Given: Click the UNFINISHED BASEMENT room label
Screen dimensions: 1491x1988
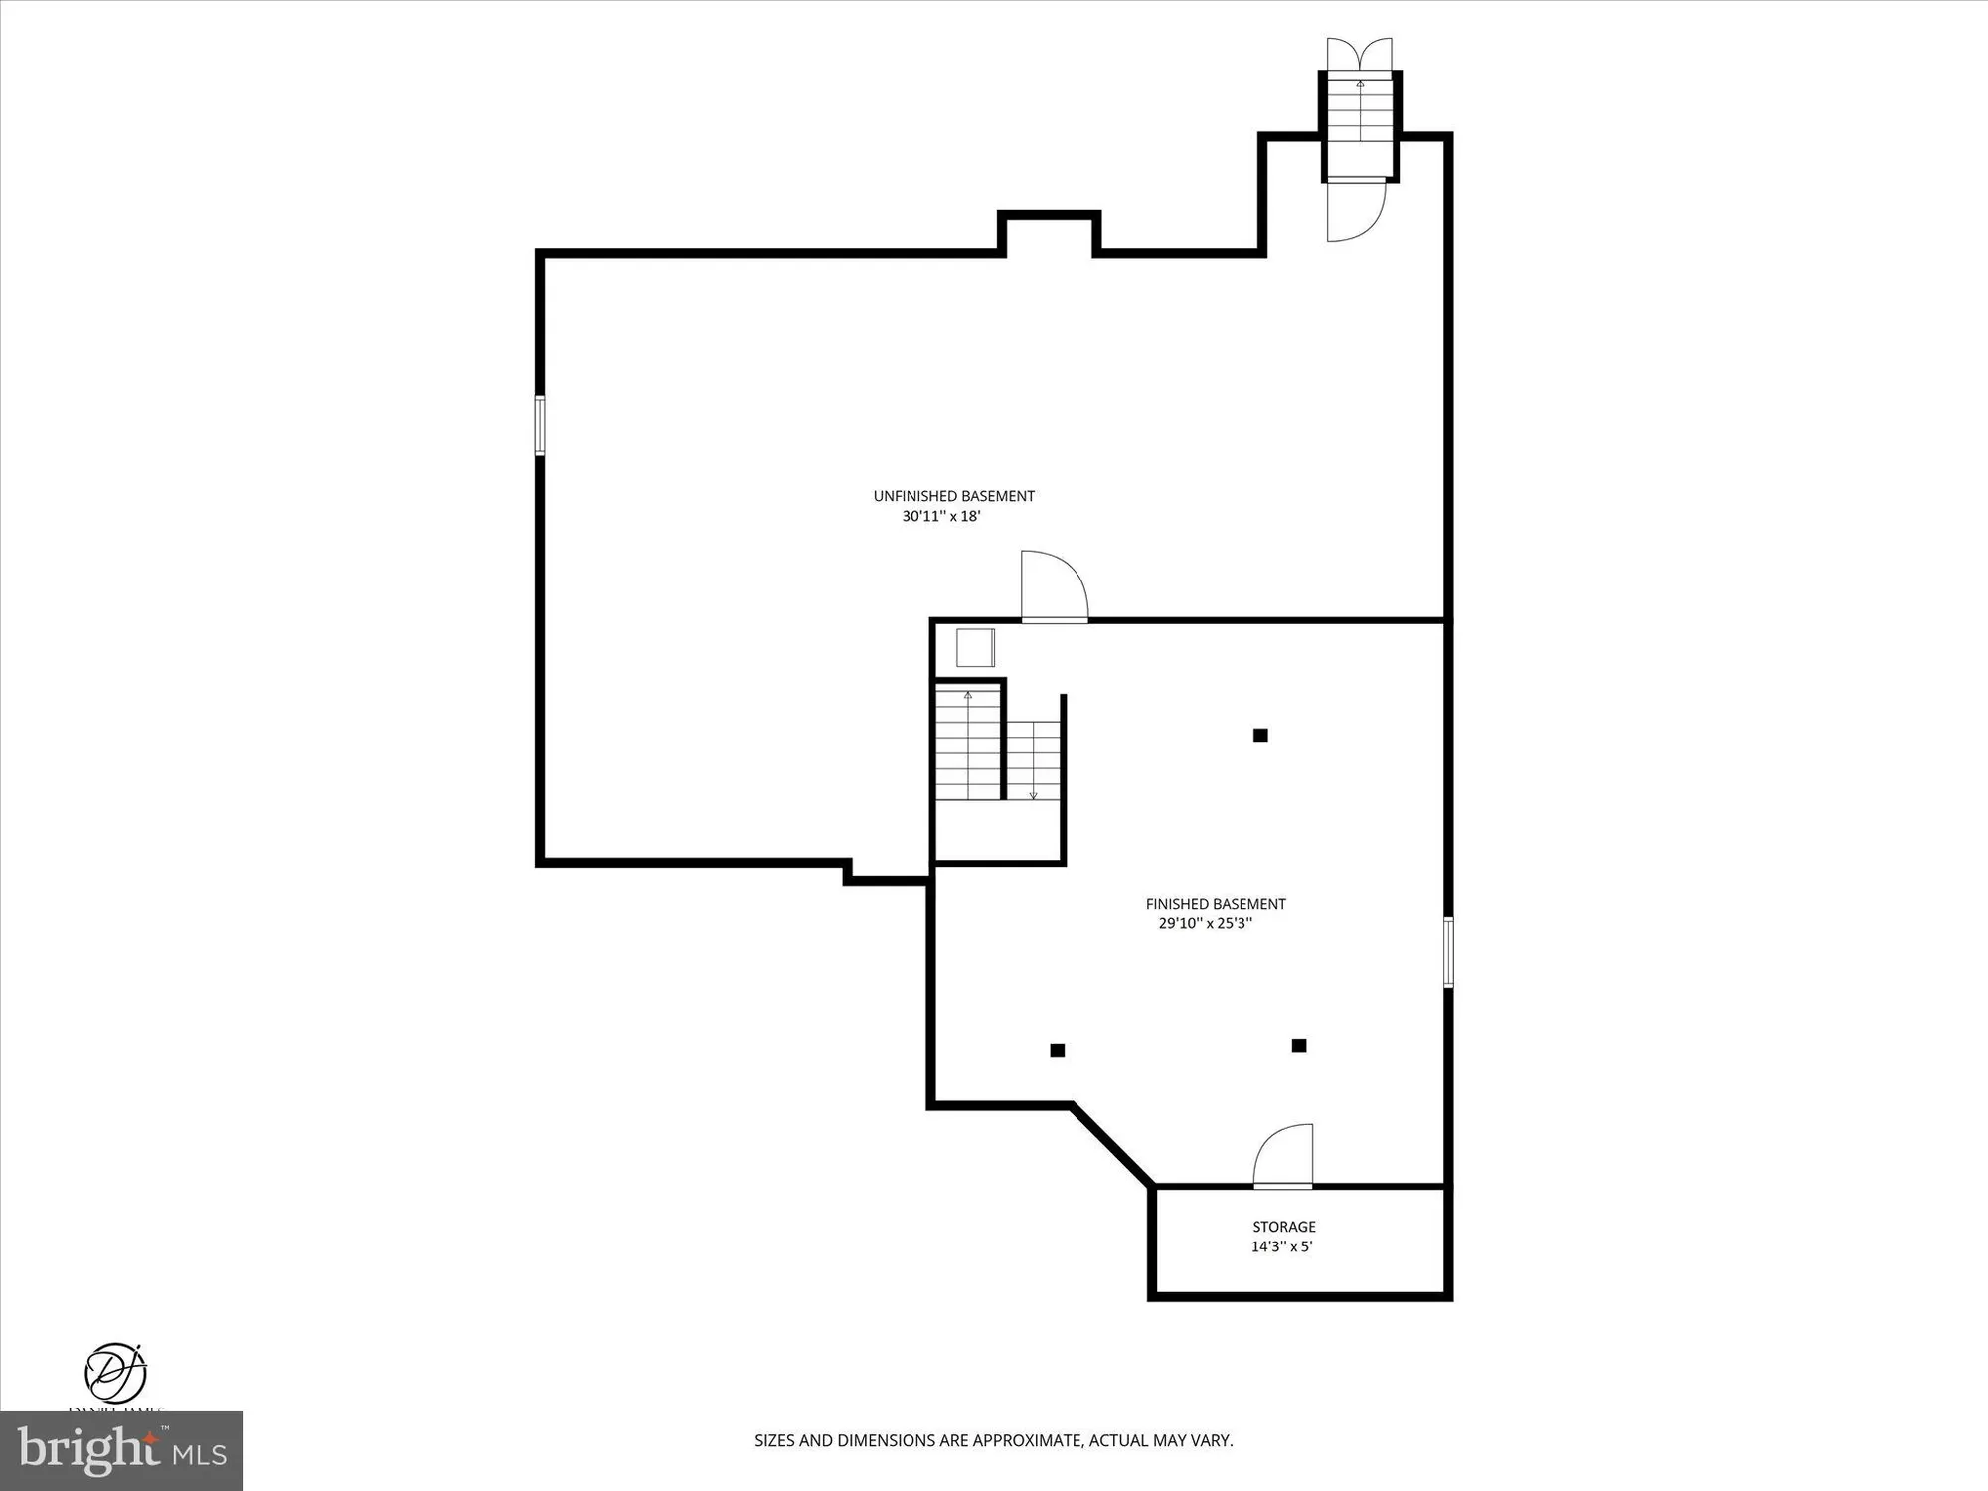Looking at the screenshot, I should (953, 496).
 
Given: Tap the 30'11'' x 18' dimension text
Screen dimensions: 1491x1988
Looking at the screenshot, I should (941, 517).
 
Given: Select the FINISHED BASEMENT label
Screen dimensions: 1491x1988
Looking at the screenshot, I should (1216, 904).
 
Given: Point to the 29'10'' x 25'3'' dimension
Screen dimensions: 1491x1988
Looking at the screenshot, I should (1205, 923).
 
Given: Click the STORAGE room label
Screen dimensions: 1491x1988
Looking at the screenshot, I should (1283, 1227).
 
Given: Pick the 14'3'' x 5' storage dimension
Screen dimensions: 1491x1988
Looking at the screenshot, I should (1281, 1246).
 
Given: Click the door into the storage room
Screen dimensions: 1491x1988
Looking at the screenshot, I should (1283, 1159).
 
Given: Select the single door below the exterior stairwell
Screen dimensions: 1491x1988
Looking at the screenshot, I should (1356, 210).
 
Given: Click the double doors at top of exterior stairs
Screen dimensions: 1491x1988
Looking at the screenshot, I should (1359, 54).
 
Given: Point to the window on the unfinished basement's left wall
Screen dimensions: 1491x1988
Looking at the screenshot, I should (540, 425).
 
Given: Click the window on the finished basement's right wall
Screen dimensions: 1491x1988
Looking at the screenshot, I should (1448, 952).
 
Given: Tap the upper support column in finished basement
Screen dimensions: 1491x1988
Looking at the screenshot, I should (1260, 736).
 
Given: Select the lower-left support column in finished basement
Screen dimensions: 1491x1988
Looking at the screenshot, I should (1058, 1050).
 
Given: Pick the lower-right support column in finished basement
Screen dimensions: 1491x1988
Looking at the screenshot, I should (1299, 1046).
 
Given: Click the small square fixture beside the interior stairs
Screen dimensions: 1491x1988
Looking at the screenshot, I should (975, 648).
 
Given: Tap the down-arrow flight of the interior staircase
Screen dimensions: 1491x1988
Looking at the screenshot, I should (1034, 760).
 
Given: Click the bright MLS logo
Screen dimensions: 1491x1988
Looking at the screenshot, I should (121, 1450).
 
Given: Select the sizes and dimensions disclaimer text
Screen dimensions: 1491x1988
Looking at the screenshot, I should (993, 1440).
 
